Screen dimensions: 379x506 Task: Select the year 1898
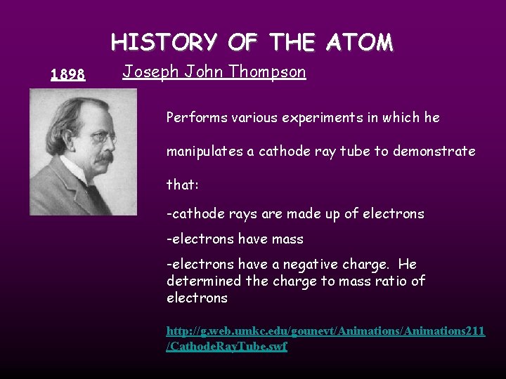click(x=68, y=74)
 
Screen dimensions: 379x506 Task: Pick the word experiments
click(x=319, y=118)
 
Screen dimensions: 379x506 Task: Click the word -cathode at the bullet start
click(x=191, y=214)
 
